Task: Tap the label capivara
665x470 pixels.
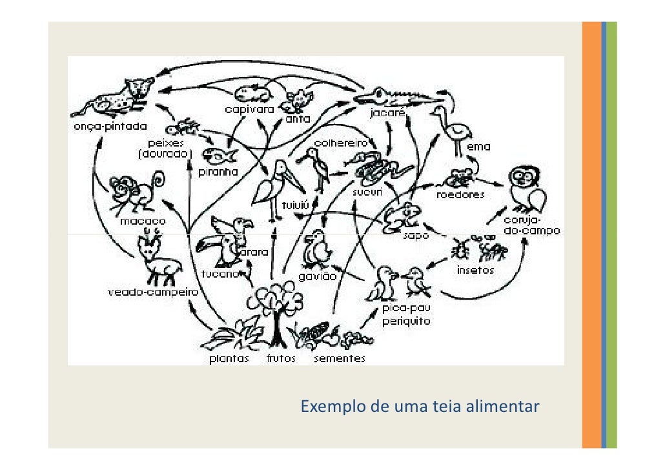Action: (249, 110)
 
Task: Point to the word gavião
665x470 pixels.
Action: (318, 276)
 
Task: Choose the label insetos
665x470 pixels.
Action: (475, 271)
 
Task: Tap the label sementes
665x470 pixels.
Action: (339, 359)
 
